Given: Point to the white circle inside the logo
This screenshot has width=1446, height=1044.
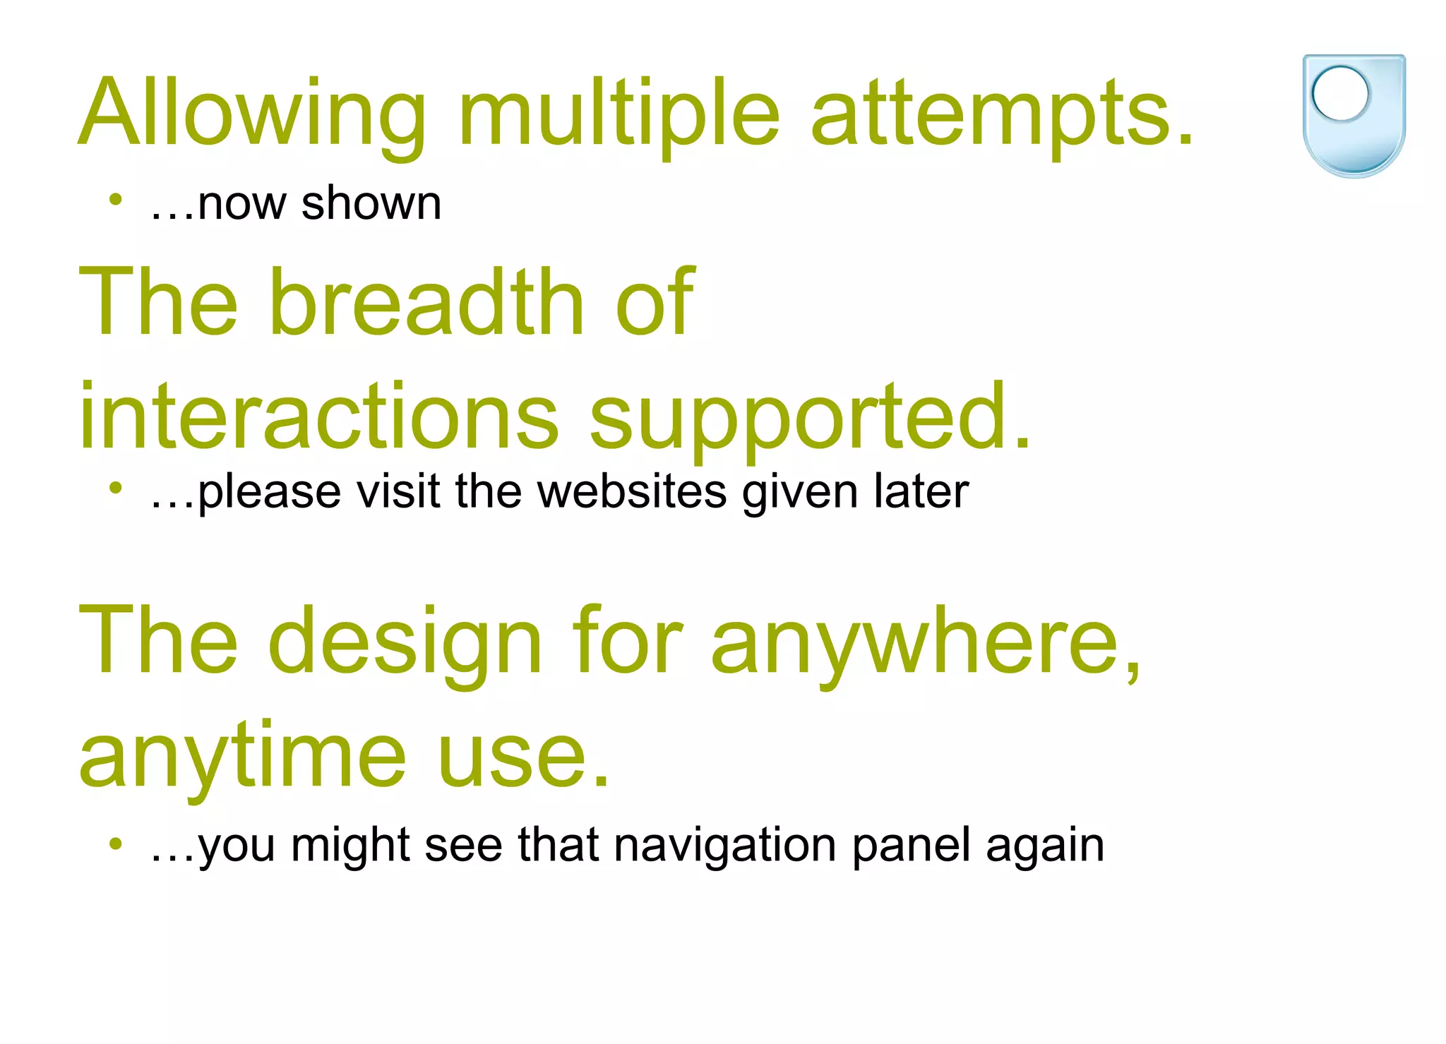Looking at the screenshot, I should (x=1339, y=93).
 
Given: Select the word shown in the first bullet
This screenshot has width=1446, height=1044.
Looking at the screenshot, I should (x=371, y=204).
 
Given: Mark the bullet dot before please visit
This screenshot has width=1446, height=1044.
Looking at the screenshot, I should (x=116, y=487).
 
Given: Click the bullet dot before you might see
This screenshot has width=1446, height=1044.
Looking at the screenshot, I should (x=116, y=842).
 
